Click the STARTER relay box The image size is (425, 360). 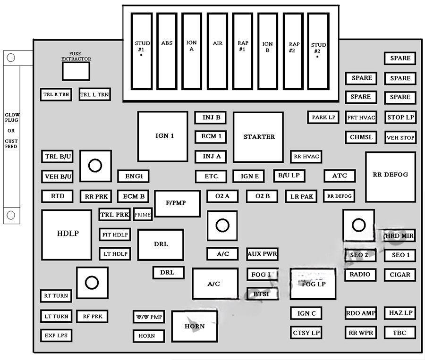258,137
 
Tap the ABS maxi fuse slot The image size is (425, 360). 167,51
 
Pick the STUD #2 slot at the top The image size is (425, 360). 318,51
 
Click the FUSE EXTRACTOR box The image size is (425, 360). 76,71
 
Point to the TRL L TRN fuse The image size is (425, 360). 94,95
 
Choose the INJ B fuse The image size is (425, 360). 211,117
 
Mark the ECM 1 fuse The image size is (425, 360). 211,137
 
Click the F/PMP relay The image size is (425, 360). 177,203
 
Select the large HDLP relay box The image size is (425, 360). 67,234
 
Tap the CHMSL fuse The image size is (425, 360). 361,138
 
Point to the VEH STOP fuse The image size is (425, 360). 400,138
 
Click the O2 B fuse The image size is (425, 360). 262,196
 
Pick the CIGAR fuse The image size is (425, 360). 399,275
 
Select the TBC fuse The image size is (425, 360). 399,333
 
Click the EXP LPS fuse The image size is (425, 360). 56,336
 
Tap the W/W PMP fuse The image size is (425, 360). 148,317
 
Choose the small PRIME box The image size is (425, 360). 142,215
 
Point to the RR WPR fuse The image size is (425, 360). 361,333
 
